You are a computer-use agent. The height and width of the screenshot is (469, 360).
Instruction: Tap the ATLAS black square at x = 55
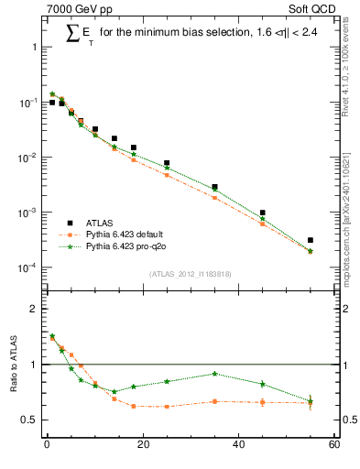tap(311, 240)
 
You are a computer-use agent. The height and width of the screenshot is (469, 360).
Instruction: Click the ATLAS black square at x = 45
tap(263, 213)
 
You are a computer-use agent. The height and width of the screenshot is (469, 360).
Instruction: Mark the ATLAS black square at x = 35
tap(214, 187)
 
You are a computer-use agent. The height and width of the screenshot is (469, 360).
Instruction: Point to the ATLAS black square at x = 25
tap(167, 163)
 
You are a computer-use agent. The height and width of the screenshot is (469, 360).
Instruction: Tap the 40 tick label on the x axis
tap(238, 446)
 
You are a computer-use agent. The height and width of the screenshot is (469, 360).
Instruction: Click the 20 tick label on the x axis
tap(142, 446)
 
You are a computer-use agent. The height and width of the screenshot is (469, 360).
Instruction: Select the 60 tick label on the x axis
tap(334, 446)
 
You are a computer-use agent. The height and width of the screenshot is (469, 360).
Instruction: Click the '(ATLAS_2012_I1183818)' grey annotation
tap(190, 273)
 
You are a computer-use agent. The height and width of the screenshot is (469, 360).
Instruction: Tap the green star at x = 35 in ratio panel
tap(214, 374)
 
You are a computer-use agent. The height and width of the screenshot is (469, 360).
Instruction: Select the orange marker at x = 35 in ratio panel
tap(214, 401)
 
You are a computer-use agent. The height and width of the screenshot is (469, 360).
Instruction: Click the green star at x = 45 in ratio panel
tap(263, 384)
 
